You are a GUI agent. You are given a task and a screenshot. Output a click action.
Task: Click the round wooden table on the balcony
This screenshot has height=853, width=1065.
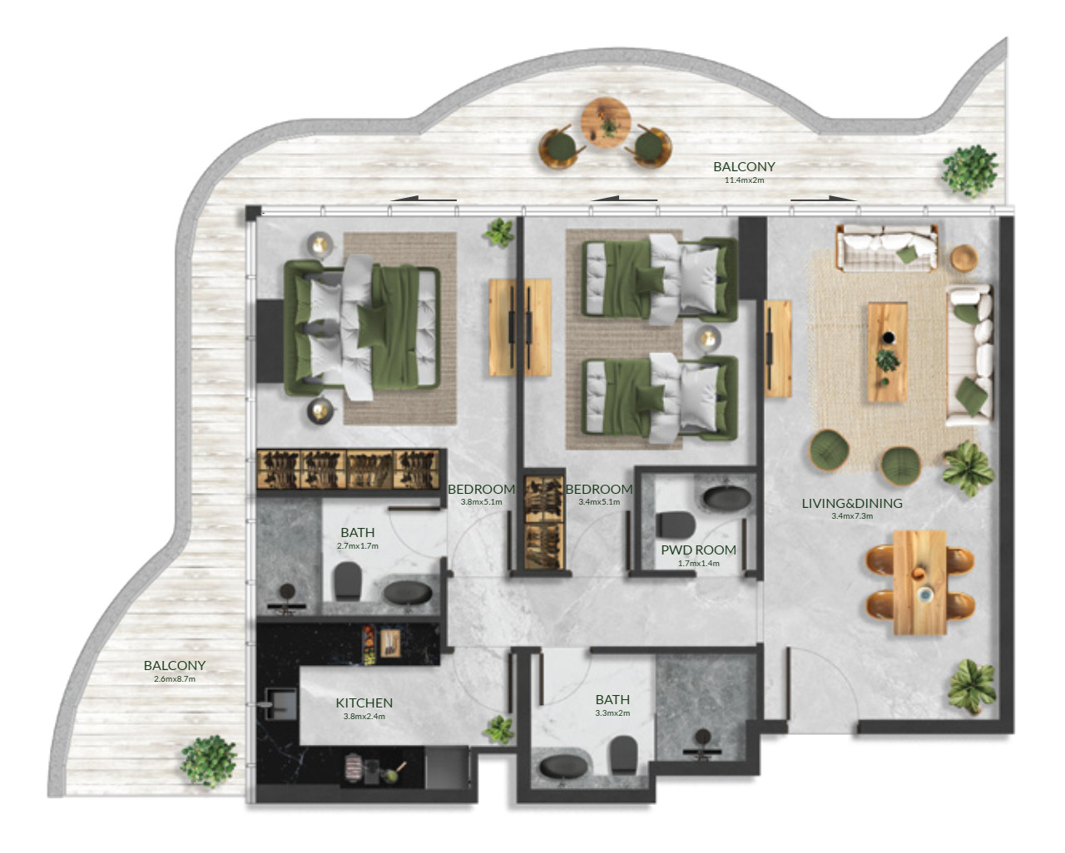coord(605,122)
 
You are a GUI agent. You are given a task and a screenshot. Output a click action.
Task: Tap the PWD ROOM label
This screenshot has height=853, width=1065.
coord(698,550)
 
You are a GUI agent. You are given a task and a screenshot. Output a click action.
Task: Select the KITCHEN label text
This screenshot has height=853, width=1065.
coord(364,703)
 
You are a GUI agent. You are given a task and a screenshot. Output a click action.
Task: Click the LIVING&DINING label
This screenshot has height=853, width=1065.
coord(852,503)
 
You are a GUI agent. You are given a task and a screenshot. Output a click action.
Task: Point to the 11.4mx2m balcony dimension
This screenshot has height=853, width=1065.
coord(744,180)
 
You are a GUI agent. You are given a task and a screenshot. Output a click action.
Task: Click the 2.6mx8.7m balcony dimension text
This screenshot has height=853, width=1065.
coord(174,679)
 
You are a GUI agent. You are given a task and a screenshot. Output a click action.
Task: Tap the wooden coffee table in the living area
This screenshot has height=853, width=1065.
coord(887,352)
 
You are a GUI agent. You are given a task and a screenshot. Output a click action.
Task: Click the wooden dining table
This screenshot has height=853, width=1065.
coord(920,583)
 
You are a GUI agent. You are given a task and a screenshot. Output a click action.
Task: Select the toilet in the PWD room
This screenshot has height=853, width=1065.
coord(676,525)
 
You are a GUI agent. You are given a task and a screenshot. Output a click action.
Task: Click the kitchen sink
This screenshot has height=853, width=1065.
coord(281,703)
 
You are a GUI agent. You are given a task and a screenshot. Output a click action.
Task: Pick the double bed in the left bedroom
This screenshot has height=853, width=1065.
coord(362,328)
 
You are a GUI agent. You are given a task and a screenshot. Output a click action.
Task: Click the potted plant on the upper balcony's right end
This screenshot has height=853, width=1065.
coord(969,171)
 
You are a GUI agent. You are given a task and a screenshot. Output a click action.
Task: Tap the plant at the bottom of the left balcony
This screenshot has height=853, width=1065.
coord(208,762)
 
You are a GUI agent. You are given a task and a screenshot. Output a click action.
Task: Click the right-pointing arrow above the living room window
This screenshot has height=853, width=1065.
coord(823,199)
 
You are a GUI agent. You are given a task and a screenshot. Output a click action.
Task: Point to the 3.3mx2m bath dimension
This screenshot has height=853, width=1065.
coord(612,713)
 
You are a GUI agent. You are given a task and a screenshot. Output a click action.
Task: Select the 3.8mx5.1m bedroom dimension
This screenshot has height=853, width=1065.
coord(481,502)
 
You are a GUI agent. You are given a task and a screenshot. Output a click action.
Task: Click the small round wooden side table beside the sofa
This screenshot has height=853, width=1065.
coord(964,258)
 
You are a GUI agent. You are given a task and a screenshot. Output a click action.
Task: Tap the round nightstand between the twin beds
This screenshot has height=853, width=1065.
coord(709,338)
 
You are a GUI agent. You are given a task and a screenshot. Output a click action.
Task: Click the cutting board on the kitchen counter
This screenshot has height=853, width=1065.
coord(390,643)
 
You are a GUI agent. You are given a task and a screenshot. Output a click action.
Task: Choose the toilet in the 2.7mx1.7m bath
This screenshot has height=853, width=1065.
coord(348,581)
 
